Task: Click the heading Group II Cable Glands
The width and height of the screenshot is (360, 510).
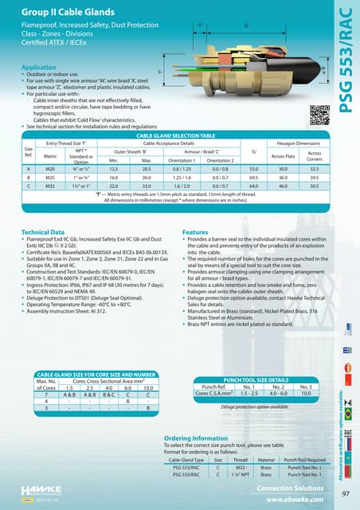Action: coord(71,14)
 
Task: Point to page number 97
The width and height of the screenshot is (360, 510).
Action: coord(345,494)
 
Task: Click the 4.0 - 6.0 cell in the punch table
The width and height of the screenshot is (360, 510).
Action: coord(273,394)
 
